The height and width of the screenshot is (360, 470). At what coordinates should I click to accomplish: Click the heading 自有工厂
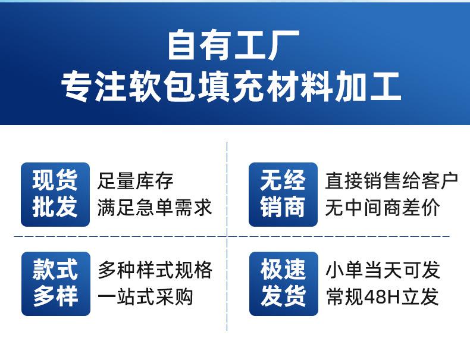point(234,45)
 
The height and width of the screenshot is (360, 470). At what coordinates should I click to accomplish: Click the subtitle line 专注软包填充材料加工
point(231,87)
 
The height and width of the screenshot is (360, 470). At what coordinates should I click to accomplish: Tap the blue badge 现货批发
point(55,194)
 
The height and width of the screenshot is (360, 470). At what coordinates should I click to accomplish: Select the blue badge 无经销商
point(283,194)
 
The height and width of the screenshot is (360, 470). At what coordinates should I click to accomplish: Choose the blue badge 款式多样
point(56,284)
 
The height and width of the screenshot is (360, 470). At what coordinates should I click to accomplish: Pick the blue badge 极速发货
point(284,284)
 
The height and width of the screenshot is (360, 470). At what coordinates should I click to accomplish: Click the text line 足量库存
point(136,181)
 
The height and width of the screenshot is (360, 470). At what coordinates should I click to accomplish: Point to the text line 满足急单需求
point(155,207)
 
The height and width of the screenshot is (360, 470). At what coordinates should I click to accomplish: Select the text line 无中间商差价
point(383,207)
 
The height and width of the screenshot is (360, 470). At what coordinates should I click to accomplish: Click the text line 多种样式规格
point(155,270)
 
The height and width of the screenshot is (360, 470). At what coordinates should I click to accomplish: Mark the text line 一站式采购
point(145,297)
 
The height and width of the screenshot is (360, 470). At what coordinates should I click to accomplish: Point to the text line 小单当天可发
point(383,270)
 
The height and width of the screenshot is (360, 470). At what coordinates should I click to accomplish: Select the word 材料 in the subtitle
point(300,87)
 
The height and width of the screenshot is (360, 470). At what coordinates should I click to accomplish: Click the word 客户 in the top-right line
point(440,181)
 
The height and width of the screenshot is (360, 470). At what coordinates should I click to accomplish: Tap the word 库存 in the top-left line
point(155,181)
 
